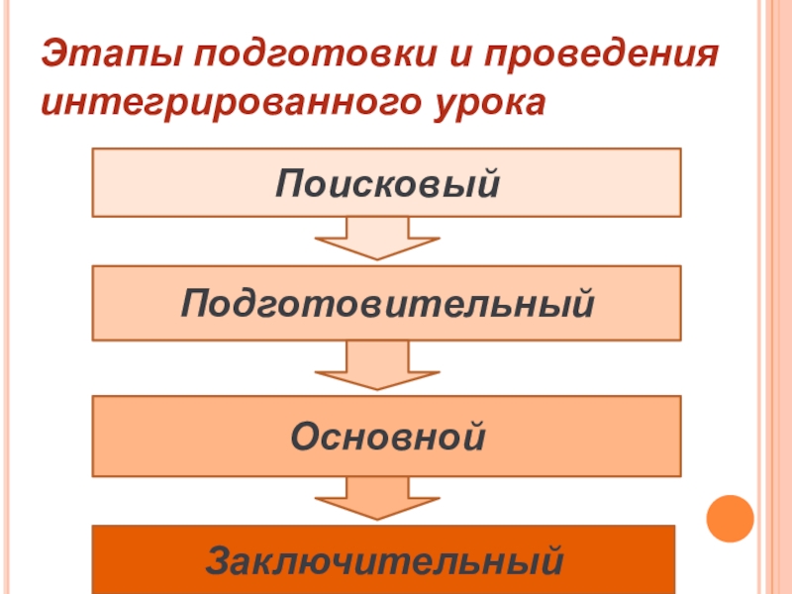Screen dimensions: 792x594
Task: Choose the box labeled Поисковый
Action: (386, 182)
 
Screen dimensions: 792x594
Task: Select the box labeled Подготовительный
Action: (386, 302)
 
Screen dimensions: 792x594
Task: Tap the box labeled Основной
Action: (386, 436)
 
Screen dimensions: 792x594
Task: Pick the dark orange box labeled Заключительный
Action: (384, 560)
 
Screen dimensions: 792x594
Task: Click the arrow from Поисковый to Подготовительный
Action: (376, 239)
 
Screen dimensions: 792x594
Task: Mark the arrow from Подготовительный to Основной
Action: (376, 365)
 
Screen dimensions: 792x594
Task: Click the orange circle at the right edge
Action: (730, 516)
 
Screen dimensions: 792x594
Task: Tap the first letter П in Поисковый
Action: (289, 183)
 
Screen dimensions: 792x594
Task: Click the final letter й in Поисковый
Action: (484, 183)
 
